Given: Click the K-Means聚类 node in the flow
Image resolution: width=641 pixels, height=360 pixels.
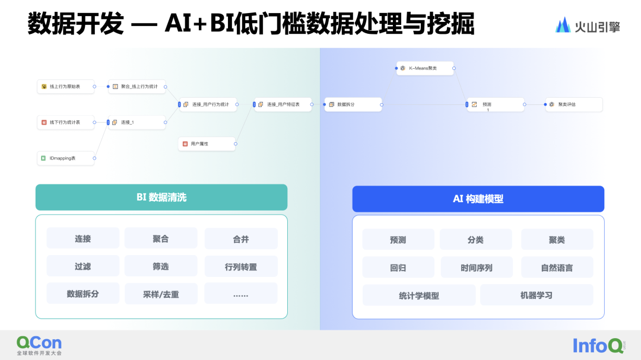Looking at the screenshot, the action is [x=425, y=69].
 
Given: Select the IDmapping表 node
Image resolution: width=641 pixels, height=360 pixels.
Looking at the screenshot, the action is [x=65, y=158].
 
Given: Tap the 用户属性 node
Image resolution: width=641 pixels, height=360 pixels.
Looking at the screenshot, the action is [x=207, y=144].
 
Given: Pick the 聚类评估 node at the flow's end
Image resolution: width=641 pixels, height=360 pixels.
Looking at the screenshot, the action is [x=573, y=104].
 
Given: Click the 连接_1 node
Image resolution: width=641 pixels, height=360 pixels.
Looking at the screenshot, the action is [x=137, y=122].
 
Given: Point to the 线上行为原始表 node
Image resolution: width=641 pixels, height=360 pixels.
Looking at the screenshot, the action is [x=65, y=87].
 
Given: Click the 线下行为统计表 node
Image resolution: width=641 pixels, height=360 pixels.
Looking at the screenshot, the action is [x=65, y=122].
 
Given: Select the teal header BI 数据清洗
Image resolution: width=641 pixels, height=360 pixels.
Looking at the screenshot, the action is [x=161, y=197].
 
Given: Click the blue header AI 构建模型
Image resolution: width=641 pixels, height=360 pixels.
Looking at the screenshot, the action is [x=478, y=199].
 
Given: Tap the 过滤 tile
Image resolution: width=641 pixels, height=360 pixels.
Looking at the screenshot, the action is [x=83, y=266].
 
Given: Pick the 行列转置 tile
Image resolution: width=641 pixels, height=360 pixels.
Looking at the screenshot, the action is [x=241, y=267].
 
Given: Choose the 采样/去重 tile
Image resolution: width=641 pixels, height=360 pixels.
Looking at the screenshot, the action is [x=161, y=294].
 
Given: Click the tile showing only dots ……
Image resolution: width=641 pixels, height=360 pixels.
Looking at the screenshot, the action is [x=241, y=294].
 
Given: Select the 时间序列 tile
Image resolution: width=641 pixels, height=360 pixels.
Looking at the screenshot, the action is [x=476, y=267].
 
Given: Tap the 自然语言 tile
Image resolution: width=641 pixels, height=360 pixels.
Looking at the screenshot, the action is [x=557, y=267].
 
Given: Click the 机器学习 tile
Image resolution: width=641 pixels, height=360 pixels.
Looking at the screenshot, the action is [x=537, y=295].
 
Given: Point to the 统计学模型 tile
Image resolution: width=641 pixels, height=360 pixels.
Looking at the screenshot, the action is [x=419, y=295].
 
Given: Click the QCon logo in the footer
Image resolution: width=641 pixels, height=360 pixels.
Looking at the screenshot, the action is [x=39, y=345].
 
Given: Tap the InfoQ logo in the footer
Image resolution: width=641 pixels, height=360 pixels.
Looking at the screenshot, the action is [x=598, y=345].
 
